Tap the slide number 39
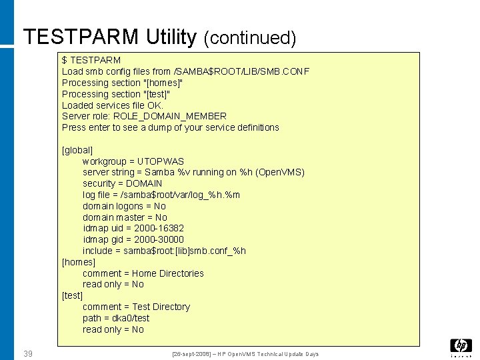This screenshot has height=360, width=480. (x=28, y=353)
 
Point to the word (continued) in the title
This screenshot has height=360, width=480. (x=249, y=38)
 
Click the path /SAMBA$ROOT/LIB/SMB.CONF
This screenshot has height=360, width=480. (x=241, y=71)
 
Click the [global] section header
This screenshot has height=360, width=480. (x=77, y=150)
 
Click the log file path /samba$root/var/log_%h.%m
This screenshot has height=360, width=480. (x=180, y=195)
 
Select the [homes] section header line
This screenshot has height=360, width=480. (x=79, y=262)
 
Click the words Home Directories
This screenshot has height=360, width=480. (x=168, y=273)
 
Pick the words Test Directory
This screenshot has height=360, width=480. (x=161, y=307)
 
